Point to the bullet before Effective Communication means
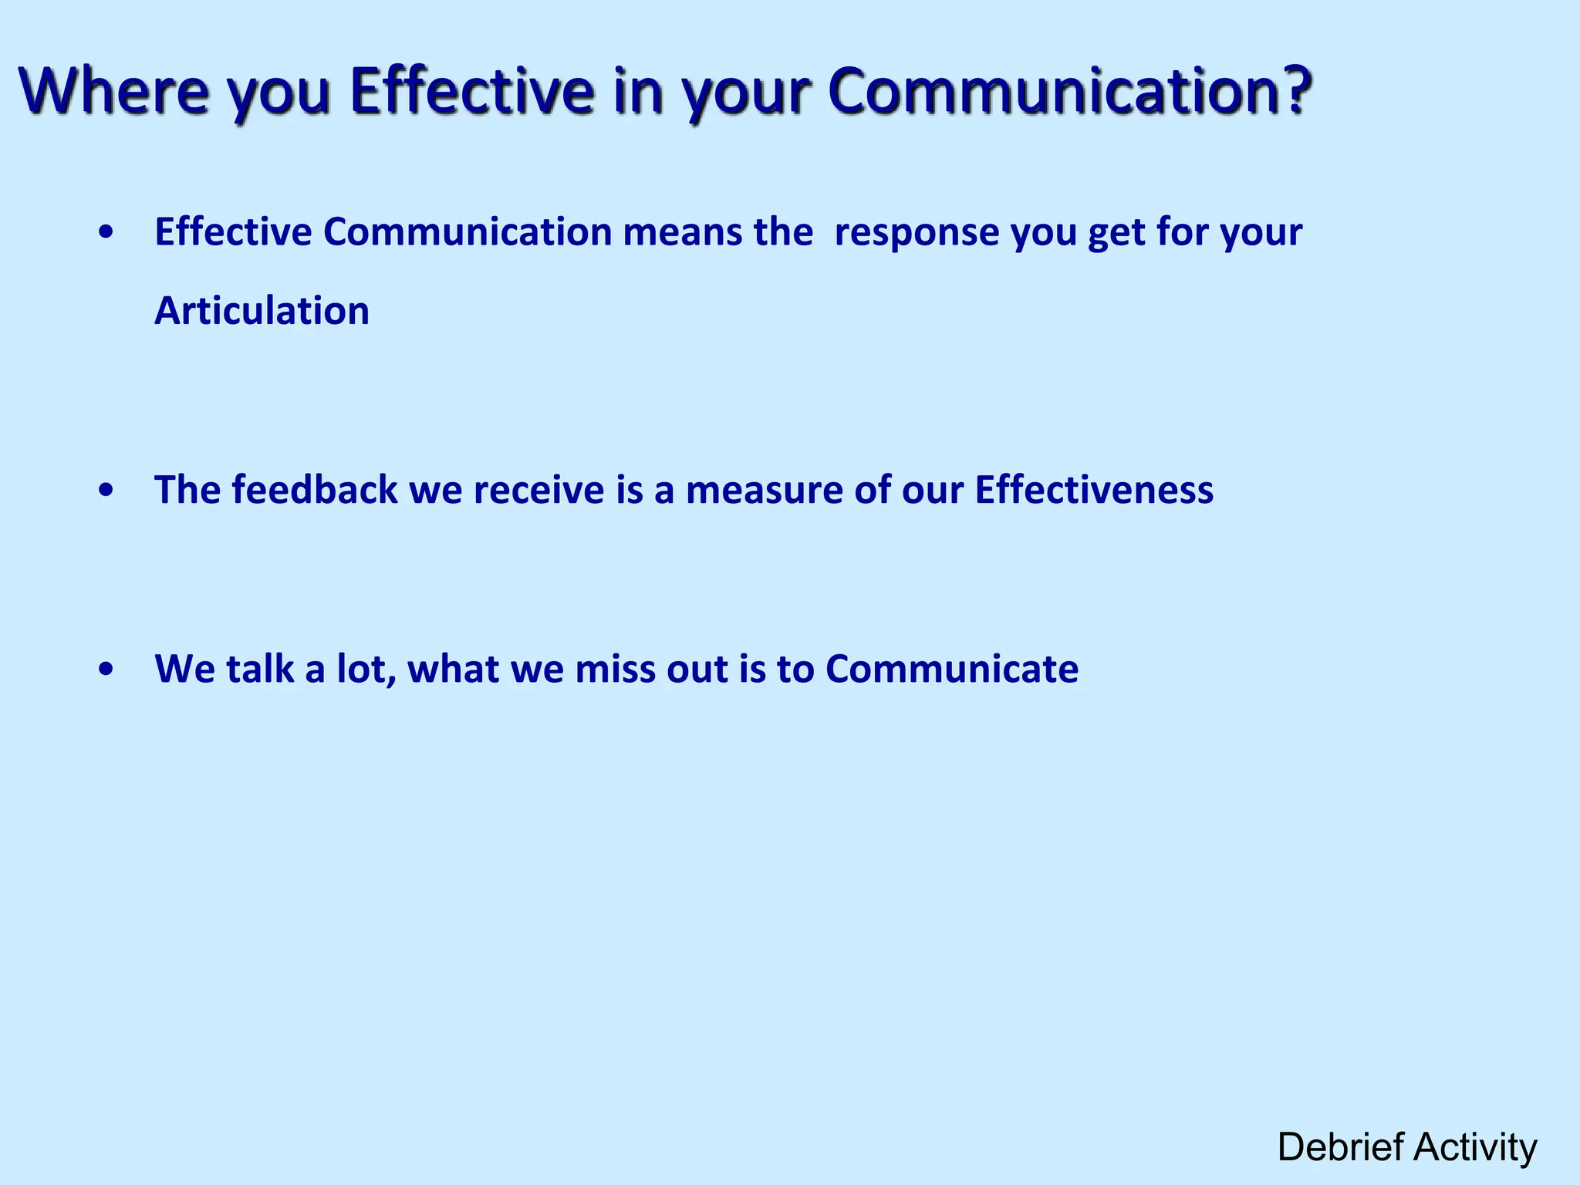pyautogui.click(x=106, y=232)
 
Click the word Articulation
pyautogui.click(x=262, y=311)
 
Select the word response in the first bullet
pyautogui.click(x=917, y=232)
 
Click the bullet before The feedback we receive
pyautogui.click(x=106, y=491)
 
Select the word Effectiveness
pyautogui.click(x=1094, y=490)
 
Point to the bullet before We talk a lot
pyautogui.click(x=106, y=670)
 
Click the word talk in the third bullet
pyautogui.click(x=260, y=669)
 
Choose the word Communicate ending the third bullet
pyautogui.click(x=951, y=669)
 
